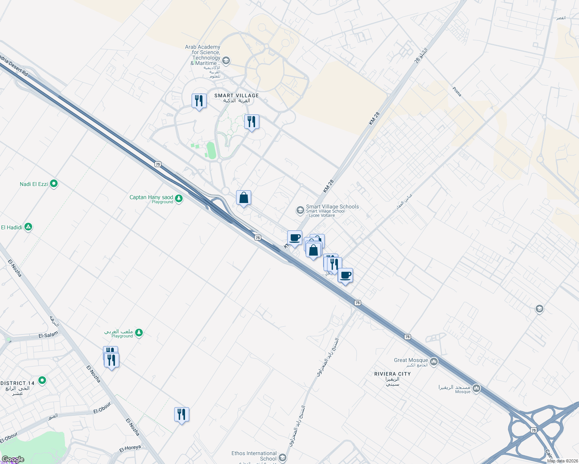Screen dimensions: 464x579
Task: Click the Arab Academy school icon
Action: click(226, 60)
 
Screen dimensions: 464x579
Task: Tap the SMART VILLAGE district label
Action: click(236, 96)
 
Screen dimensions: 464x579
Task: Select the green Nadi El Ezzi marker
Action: click(54, 184)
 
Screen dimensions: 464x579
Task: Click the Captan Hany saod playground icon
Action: click(178, 199)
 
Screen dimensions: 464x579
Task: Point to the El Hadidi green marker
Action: click(28, 227)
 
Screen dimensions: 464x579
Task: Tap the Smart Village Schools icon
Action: click(300, 210)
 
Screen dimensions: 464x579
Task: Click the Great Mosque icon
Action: click(433, 362)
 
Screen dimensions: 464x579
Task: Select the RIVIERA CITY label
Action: click(392, 374)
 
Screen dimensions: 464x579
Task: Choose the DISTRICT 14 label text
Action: click(17, 383)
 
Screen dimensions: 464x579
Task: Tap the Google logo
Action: click(13, 459)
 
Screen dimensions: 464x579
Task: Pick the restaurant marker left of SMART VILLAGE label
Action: click(199, 101)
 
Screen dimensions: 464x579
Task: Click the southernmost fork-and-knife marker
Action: click(182, 415)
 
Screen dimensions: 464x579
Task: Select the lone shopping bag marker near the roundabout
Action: click(244, 198)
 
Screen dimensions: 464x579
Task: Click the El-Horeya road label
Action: click(130, 448)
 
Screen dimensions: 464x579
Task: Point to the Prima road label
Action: click(457, 92)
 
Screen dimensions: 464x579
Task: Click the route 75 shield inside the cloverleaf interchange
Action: click(534, 430)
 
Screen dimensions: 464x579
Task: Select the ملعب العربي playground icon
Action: click(139, 333)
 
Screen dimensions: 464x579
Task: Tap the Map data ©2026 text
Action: click(561, 461)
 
